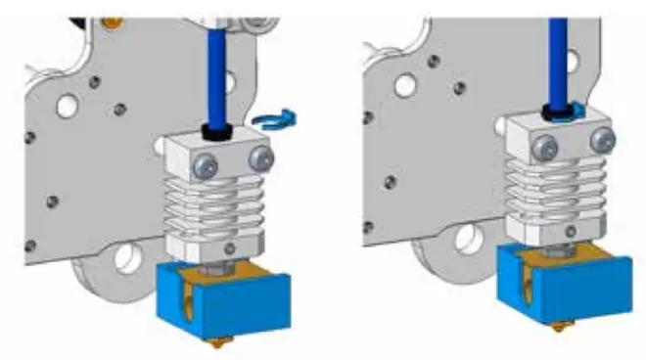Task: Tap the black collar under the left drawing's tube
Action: coord(214,129)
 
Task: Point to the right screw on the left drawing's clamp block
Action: coord(259,157)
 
